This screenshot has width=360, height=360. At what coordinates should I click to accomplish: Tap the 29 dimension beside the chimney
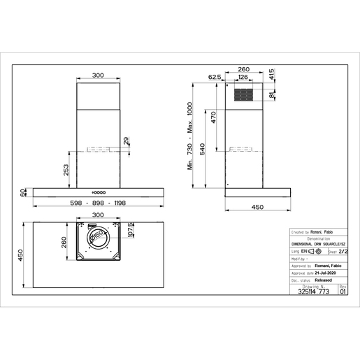point(126,142)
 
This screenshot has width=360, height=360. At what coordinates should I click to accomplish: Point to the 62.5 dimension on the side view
point(215,77)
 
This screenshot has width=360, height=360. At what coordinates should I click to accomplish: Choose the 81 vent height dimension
point(272,97)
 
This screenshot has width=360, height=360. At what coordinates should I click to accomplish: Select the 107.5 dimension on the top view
point(130,229)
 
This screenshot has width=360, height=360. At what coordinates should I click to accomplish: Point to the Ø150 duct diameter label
point(98,239)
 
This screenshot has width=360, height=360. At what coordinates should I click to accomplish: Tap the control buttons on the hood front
point(99,192)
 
